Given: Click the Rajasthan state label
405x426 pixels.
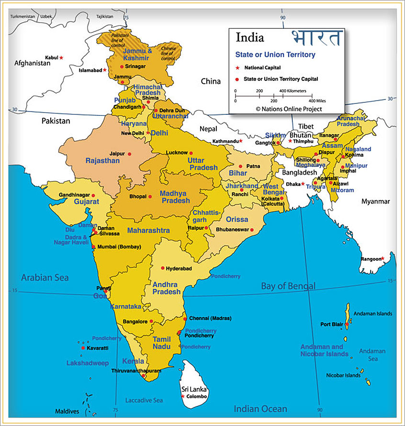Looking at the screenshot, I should point(102,161).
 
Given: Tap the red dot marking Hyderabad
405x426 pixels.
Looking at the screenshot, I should point(163,268).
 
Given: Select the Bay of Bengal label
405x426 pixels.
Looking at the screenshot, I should point(288,286).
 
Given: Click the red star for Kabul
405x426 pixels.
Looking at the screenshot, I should point(61,57).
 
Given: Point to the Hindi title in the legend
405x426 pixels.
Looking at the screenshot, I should point(316,38).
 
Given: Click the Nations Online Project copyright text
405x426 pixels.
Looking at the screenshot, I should point(289,109).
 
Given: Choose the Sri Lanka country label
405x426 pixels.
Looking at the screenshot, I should point(193,389).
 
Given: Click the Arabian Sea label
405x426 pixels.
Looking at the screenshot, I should point(45,278).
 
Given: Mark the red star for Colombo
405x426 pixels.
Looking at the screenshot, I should point(182,396).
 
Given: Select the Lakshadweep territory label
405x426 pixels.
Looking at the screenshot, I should point(88,363).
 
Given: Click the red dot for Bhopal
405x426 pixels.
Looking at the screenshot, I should point(150,196).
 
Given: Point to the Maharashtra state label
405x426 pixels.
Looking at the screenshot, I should point(148,231).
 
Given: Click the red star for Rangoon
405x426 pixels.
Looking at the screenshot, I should point(382,258).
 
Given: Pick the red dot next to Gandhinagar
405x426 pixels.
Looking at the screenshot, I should point(93,195).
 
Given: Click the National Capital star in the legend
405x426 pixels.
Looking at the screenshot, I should point(237,67).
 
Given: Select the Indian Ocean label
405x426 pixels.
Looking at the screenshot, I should point(260,409).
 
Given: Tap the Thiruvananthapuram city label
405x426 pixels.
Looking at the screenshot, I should point(136,370).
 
